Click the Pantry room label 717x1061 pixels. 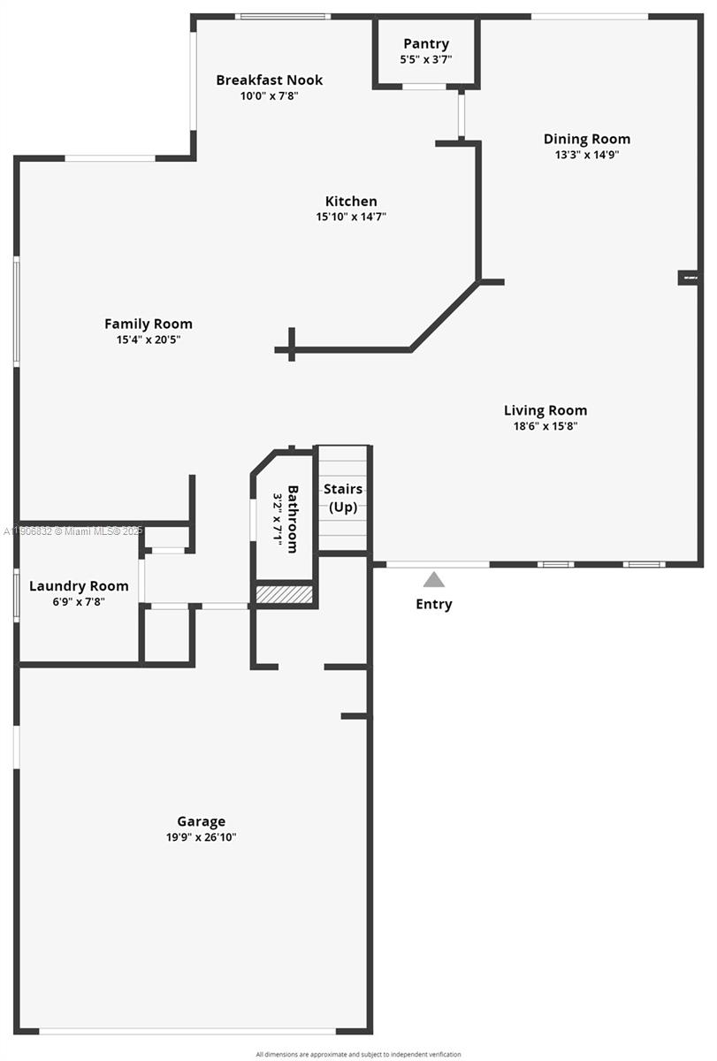pyautogui.click(x=426, y=43)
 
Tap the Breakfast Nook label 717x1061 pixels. pyautogui.click(x=270, y=80)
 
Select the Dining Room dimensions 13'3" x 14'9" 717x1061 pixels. pyautogui.click(x=586, y=155)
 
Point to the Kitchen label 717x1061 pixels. pyautogui.click(x=351, y=202)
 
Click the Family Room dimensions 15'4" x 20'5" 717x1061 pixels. pyautogui.click(x=149, y=339)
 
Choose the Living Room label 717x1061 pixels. pyautogui.click(x=545, y=410)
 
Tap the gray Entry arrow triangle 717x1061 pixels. pyautogui.click(x=433, y=579)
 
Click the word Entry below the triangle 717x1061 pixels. pyautogui.click(x=434, y=604)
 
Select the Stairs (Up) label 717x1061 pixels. pyautogui.click(x=343, y=498)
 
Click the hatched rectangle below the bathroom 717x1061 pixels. pyautogui.click(x=284, y=594)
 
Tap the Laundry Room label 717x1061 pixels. pyautogui.click(x=79, y=585)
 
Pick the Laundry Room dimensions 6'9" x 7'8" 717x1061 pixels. pyautogui.click(x=79, y=601)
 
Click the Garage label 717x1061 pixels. pyautogui.click(x=201, y=821)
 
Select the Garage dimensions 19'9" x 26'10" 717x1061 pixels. pyautogui.click(x=201, y=836)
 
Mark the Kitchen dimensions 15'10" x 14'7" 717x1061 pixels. pyautogui.click(x=351, y=217)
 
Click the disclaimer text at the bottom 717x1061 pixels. pyautogui.click(x=358, y=1054)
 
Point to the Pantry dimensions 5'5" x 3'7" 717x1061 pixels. pyautogui.click(x=426, y=59)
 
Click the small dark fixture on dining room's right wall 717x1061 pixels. pyautogui.click(x=689, y=278)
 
